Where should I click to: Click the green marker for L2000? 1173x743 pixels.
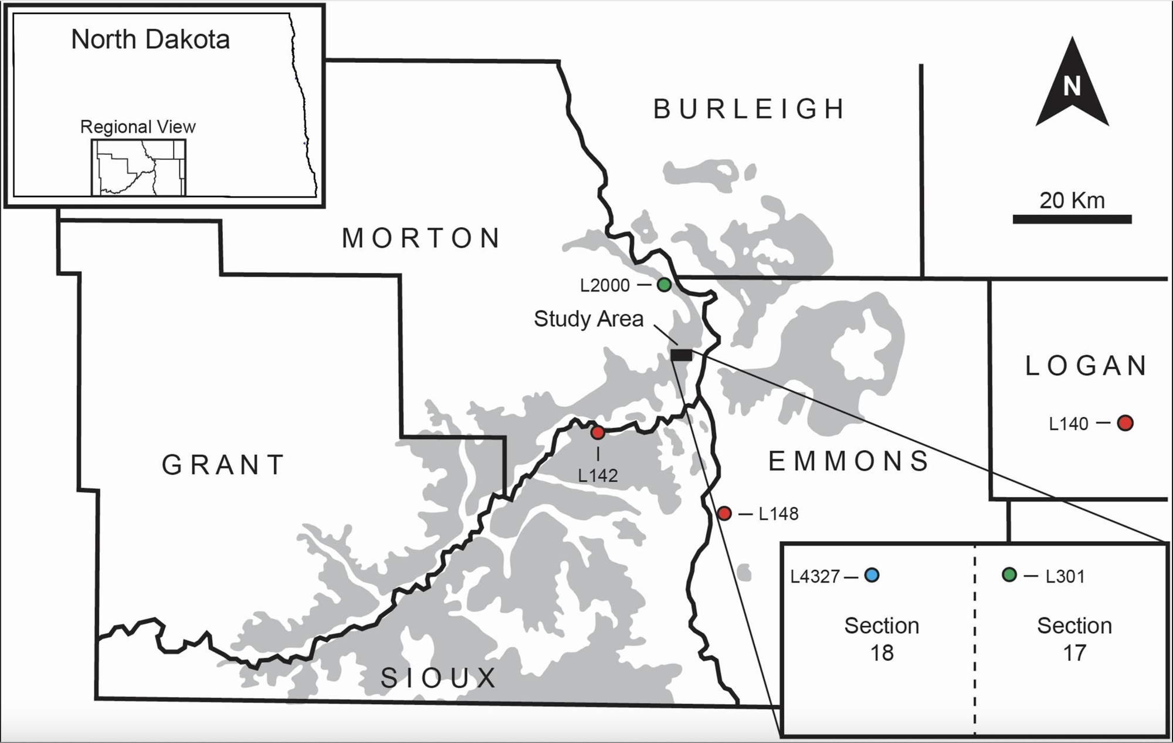664,285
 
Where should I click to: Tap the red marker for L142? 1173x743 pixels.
598,433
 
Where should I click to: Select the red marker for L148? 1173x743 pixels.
724,514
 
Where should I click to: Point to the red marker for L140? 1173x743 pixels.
1125,423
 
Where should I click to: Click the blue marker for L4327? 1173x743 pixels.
872,575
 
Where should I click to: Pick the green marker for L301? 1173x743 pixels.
1009,575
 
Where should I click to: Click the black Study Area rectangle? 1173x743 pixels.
682,355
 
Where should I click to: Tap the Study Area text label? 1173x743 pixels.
588,319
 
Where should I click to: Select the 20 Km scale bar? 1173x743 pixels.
1072,219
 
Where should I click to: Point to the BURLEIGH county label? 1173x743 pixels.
749,109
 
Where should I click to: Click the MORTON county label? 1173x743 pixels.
421,238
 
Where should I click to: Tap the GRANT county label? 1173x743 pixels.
223,465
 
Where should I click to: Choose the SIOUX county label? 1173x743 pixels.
439,678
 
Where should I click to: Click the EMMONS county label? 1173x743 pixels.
849,461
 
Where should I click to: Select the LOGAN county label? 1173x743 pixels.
1086,366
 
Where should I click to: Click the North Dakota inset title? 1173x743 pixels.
150,39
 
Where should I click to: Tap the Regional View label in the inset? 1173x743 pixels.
138,127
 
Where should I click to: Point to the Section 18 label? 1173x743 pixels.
882,639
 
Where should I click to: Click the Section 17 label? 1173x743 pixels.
1074,639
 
